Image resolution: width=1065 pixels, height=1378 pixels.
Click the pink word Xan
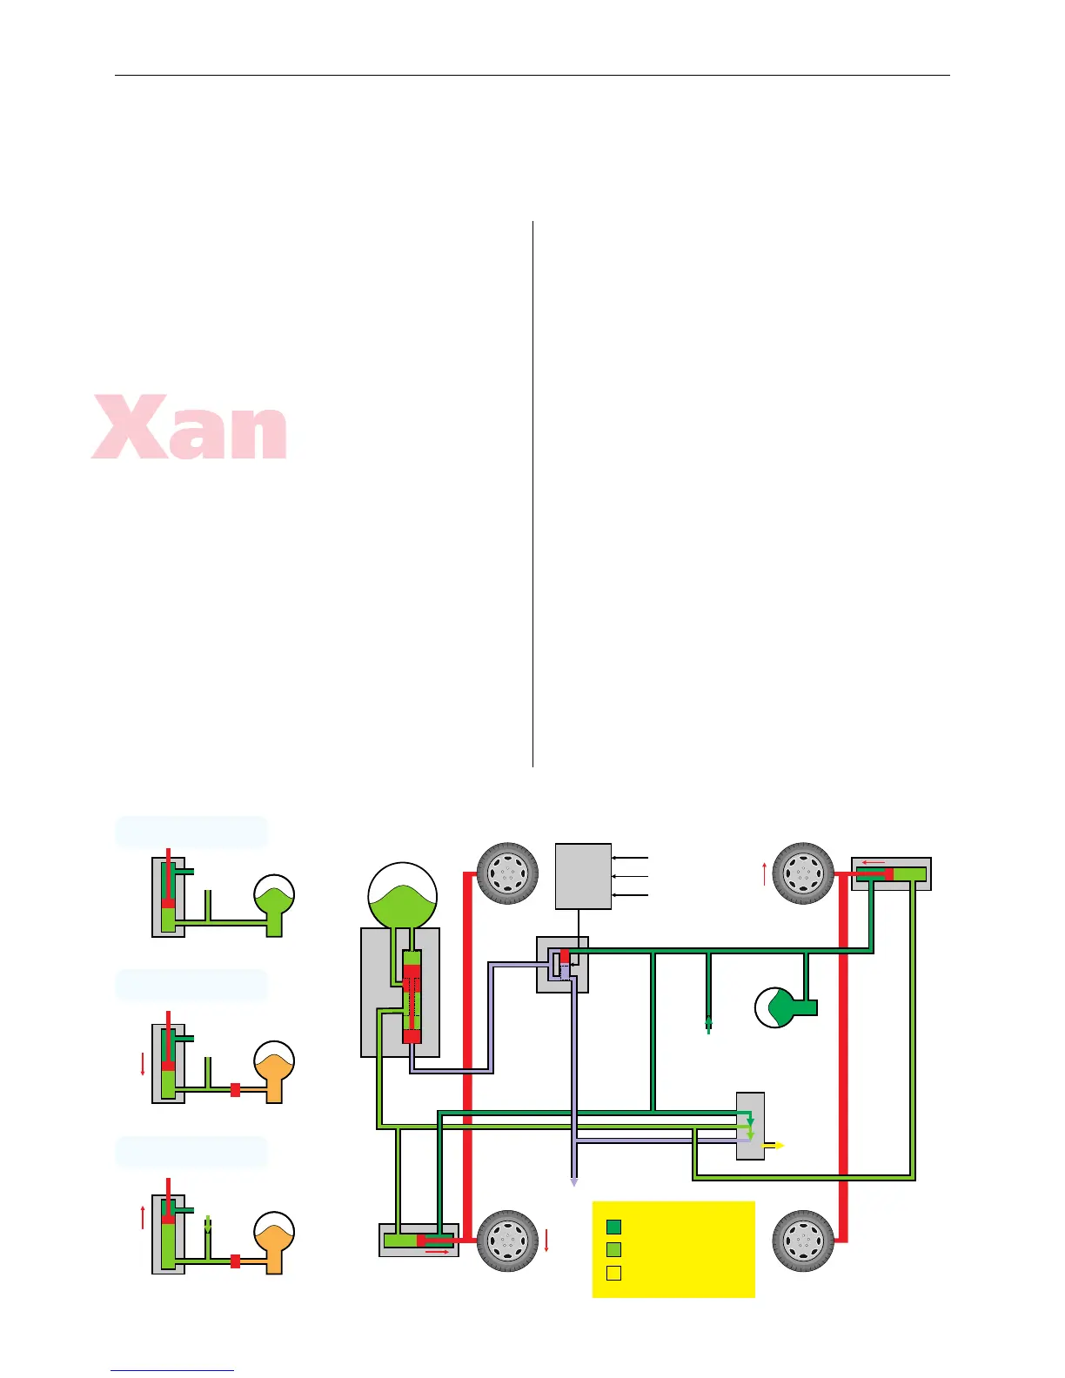click(x=190, y=427)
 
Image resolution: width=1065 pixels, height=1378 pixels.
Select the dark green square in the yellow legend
click(x=613, y=1227)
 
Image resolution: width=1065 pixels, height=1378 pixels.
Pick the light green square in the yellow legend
click(x=613, y=1250)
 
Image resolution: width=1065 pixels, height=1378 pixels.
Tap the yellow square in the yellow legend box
click(x=613, y=1274)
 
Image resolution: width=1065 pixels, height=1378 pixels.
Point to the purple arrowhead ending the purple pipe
click(x=573, y=1182)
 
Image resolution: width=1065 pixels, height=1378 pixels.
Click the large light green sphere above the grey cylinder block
click(x=402, y=896)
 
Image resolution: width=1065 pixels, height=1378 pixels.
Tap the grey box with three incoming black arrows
click(x=583, y=875)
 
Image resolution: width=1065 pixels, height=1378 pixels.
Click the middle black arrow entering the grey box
click(x=630, y=876)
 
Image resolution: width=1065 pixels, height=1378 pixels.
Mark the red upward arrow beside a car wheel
click(x=765, y=873)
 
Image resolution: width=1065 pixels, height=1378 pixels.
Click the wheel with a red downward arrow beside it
click(x=507, y=1241)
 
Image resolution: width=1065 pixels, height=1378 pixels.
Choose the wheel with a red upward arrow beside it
click(x=803, y=873)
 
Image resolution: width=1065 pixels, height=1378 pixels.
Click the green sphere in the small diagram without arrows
click(x=274, y=897)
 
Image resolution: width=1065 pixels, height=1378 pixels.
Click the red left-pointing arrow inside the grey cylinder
click(x=873, y=863)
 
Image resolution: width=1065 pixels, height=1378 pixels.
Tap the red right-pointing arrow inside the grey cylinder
click(x=437, y=1252)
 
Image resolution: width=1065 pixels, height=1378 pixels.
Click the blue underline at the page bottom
click(x=172, y=1371)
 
